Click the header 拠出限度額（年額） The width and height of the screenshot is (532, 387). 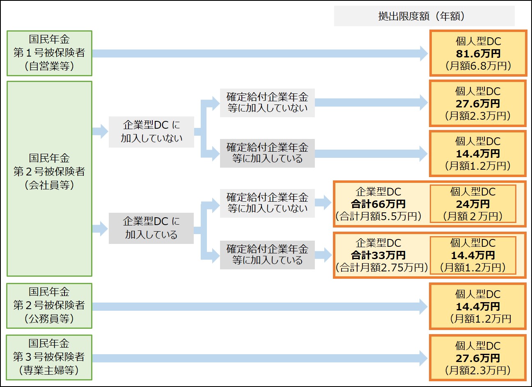[x=424, y=16]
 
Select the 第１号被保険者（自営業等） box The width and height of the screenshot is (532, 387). [x=49, y=53]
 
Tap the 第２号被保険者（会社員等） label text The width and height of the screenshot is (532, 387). [x=49, y=171]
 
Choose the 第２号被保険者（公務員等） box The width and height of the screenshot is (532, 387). [x=49, y=306]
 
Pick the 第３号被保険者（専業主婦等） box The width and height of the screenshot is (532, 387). [x=49, y=357]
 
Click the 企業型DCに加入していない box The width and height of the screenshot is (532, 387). [x=151, y=132]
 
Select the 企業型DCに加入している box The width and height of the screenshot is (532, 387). [x=151, y=228]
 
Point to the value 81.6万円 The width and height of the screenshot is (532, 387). [x=478, y=54]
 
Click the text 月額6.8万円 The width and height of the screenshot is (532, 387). [x=478, y=66]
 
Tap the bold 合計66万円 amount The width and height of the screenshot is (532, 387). [x=378, y=204]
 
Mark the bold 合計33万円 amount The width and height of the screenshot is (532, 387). [x=378, y=255]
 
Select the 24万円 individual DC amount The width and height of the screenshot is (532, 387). [x=473, y=204]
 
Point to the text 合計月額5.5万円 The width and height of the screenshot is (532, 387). [x=378, y=216]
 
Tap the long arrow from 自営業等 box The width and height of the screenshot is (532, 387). [x=259, y=53]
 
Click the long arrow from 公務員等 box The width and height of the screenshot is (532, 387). [x=259, y=306]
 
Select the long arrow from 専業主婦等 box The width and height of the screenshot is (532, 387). [x=259, y=358]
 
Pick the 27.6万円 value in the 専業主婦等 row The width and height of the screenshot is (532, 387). [x=478, y=358]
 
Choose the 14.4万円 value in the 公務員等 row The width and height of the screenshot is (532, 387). [x=478, y=306]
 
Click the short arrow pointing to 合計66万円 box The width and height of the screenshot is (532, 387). [x=323, y=203]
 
